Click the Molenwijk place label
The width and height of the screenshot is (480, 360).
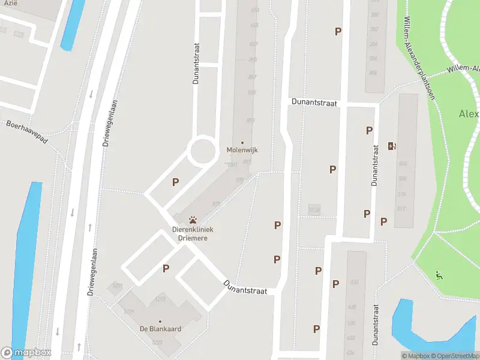pyautogui.click(x=242, y=150)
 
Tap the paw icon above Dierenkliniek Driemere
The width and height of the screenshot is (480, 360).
pyautogui.click(x=193, y=220)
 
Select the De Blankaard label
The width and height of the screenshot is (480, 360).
pyautogui.click(x=160, y=329)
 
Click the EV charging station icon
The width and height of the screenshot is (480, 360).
pyautogui.click(x=392, y=146)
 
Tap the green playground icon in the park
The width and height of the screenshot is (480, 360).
pyautogui.click(x=439, y=275)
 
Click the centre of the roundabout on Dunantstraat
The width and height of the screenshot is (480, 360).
pyautogui.click(x=202, y=151)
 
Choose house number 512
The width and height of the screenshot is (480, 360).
pyautogui.click(x=401, y=209)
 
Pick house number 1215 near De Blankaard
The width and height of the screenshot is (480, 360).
pyautogui.click(x=160, y=298)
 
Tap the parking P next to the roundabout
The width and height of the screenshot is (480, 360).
pyautogui.click(x=175, y=182)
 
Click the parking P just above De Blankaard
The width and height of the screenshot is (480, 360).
pyautogui.click(x=166, y=269)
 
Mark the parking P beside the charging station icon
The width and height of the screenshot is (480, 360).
pyautogui.click(x=369, y=130)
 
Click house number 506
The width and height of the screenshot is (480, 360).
pyautogui.click(x=401, y=164)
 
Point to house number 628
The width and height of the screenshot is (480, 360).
pyautogui.click(x=352, y=307)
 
